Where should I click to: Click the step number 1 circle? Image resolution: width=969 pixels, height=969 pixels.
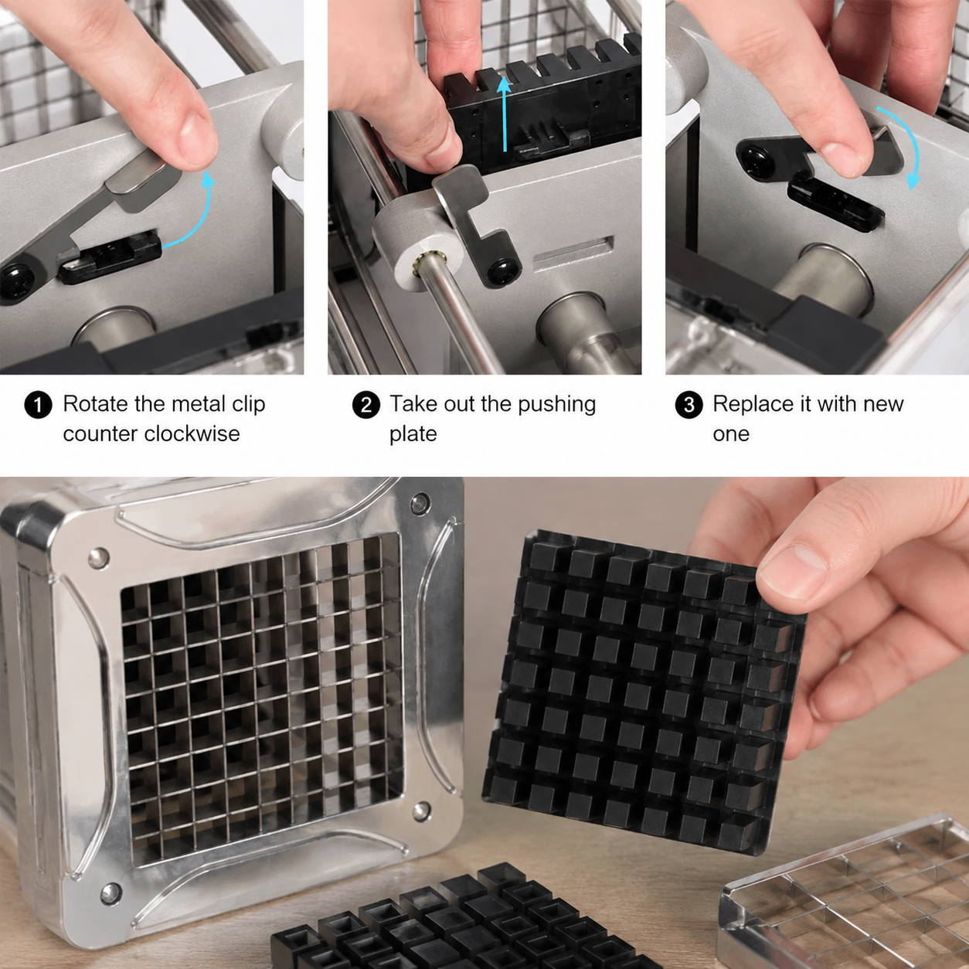click(x=38, y=405)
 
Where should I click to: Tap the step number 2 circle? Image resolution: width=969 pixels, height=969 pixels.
click(x=365, y=405)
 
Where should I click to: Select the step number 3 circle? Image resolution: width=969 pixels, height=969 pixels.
click(x=688, y=405)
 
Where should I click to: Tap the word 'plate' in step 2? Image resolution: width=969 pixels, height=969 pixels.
click(x=413, y=435)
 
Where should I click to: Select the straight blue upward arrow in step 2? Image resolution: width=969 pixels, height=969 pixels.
click(x=505, y=113)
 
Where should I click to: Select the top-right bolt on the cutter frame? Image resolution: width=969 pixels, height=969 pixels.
click(x=420, y=502)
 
